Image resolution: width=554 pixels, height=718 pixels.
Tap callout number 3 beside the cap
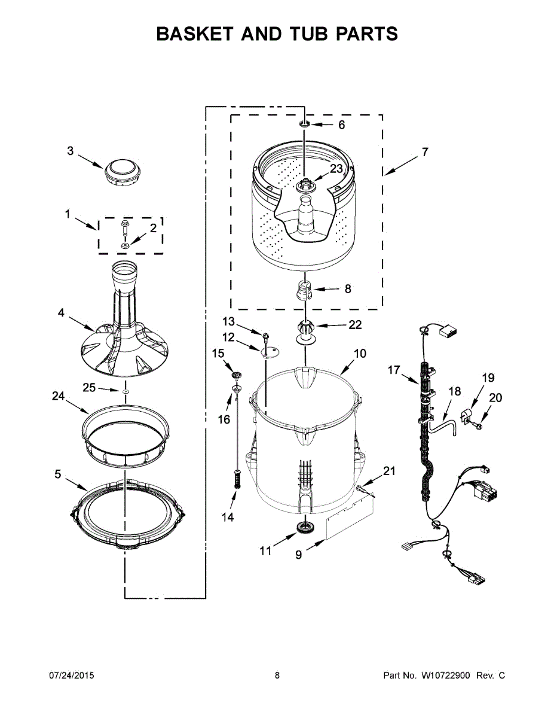(70, 151)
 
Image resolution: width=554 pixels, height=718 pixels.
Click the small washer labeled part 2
(126, 246)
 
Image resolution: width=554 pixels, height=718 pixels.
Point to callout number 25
(89, 388)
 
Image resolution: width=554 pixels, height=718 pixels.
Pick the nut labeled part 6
(304, 124)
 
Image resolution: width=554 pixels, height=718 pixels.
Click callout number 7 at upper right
(424, 152)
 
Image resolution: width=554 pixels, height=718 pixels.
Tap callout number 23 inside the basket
(336, 169)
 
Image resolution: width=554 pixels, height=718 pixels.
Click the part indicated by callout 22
(305, 330)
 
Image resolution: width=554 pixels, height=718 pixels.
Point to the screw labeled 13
(265, 333)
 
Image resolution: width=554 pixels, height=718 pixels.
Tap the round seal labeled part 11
(305, 528)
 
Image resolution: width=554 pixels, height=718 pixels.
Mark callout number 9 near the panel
(298, 555)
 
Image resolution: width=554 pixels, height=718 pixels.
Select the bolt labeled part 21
(362, 490)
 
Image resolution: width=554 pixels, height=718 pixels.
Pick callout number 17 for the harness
(393, 370)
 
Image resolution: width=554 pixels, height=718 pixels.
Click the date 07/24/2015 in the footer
(71, 676)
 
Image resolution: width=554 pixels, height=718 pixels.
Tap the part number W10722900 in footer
(445, 676)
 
